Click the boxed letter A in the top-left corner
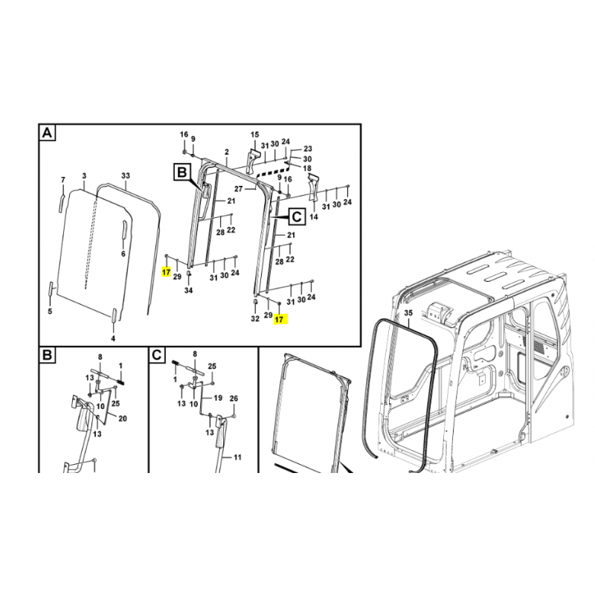point(48,133)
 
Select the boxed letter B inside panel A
point(182,173)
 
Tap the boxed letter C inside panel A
point(297,216)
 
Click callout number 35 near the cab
point(408,313)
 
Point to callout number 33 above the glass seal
point(126,176)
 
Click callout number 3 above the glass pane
point(84,176)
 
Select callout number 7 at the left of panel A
point(63,180)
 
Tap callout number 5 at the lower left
point(50,312)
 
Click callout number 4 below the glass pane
point(113,338)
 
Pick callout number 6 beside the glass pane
point(123,254)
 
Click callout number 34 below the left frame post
point(189,290)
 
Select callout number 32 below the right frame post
point(255,318)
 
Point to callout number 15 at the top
point(254,135)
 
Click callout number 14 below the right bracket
point(314,216)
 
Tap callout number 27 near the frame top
point(238,189)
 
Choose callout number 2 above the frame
point(227,152)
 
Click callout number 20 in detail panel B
point(123,419)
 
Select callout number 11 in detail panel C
point(237,457)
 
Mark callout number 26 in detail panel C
point(234,399)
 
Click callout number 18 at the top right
point(307,168)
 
